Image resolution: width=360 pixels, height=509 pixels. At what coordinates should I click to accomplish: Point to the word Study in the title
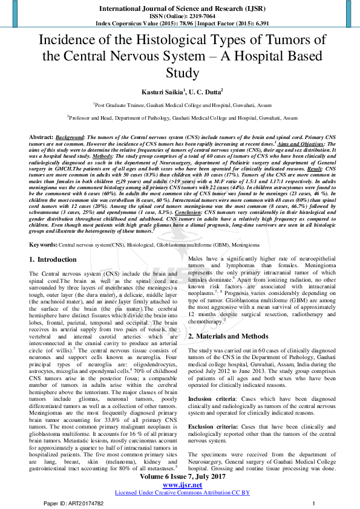click(x=180, y=73)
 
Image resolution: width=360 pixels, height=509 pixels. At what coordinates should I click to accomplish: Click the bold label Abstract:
click(x=41, y=138)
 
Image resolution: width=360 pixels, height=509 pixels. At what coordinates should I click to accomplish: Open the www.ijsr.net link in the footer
click(x=180, y=485)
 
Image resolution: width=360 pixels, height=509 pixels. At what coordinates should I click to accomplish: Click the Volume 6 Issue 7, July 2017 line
click(x=180, y=478)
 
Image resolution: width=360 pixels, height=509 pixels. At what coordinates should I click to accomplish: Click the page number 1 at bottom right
click(x=313, y=503)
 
